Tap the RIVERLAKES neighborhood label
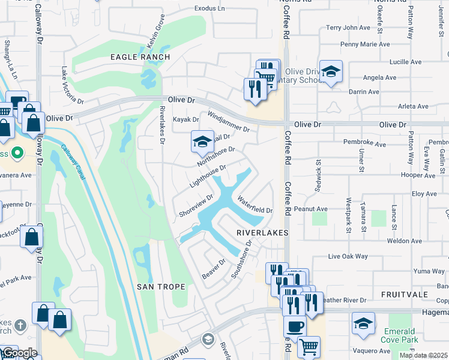click(x=262, y=232)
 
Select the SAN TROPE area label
click(x=161, y=287)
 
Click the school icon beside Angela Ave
click(x=331, y=71)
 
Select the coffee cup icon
click(x=294, y=327)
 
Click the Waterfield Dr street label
click(x=255, y=205)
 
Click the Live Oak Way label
click(x=348, y=256)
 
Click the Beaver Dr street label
click(x=213, y=268)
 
